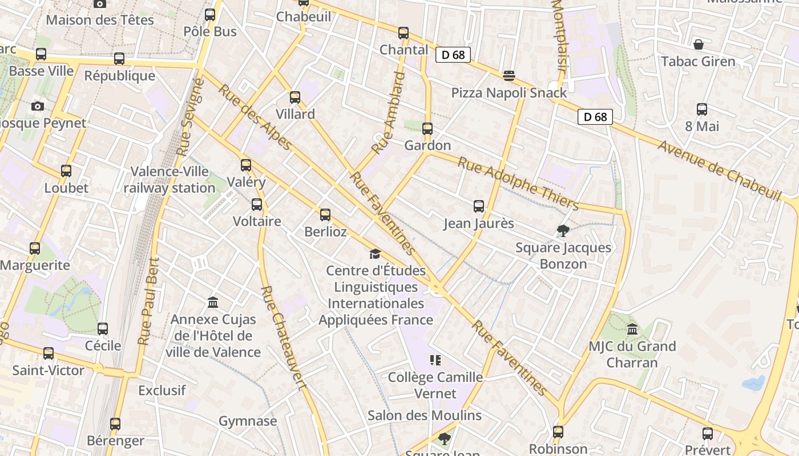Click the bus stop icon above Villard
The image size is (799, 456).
295,97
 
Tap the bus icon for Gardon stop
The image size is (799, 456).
427,129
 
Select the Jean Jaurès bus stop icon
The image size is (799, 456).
479,206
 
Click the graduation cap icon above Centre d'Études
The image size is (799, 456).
375,254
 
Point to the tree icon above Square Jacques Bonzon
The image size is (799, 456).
563,231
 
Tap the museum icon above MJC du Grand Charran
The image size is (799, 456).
632,329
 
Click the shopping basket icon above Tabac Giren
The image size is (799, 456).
698,44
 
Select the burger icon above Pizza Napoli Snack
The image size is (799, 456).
509,76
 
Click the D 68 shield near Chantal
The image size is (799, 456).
453,55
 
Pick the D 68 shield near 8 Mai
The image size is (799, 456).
595,117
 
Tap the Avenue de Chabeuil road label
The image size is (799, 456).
719,170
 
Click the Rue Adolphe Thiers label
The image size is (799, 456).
518,184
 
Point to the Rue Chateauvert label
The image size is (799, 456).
284,337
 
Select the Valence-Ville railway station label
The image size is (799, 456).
170,180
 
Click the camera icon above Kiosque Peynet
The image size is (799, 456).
38,107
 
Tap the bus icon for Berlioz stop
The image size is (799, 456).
325,215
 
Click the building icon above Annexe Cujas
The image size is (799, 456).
213,302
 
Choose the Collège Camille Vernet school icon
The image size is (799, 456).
435,360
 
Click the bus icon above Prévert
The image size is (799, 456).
708,434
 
